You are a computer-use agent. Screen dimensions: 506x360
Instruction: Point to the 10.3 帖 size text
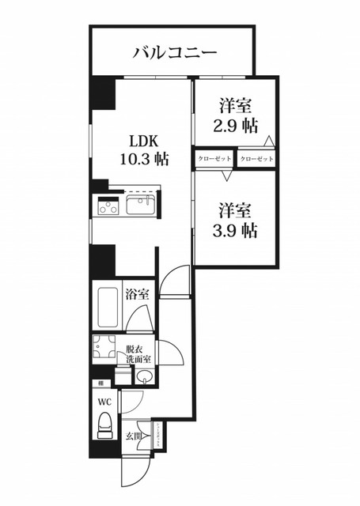click(x=142, y=158)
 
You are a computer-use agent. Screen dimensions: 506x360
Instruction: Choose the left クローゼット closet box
click(x=214, y=159)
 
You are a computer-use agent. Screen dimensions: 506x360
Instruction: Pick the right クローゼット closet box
click(x=256, y=159)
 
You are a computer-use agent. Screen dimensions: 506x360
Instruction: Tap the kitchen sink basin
click(x=140, y=208)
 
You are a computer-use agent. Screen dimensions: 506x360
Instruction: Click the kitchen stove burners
click(x=107, y=208)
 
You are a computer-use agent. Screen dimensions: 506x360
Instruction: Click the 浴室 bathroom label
click(x=136, y=295)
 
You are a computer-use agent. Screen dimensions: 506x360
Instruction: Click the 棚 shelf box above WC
click(x=100, y=383)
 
